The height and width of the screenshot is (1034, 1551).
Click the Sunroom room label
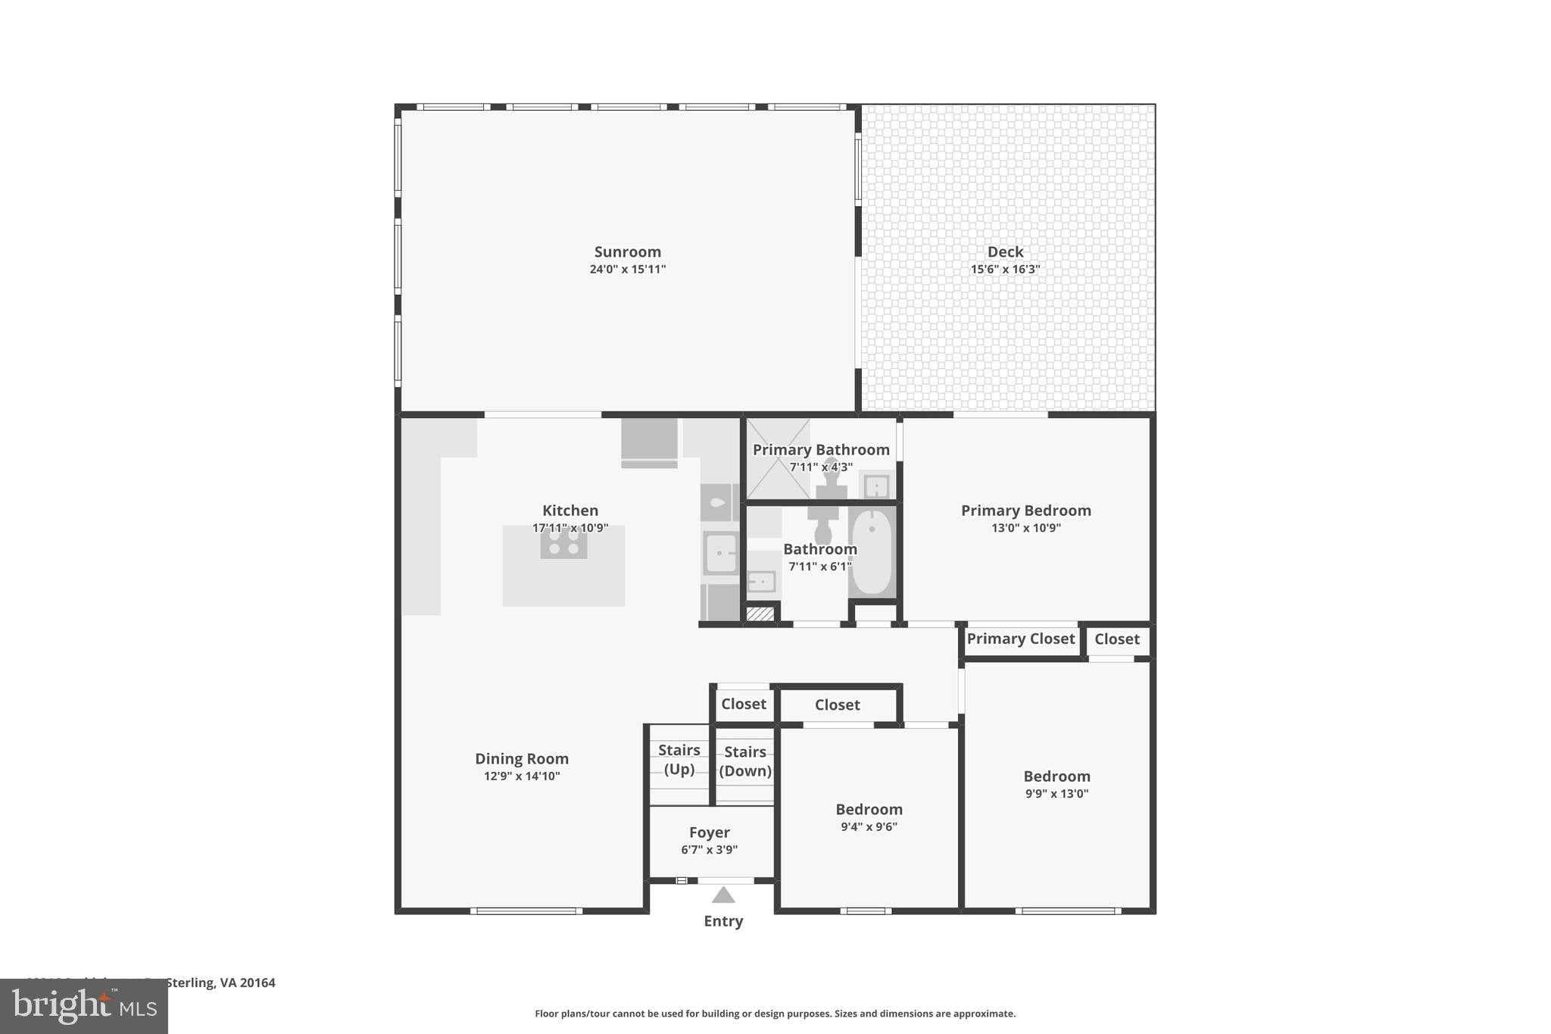(x=627, y=252)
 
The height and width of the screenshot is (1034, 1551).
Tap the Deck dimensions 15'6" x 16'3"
(x=1005, y=270)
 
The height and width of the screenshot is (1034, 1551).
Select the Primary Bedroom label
(x=1025, y=511)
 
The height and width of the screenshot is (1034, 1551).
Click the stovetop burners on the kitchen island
(x=563, y=542)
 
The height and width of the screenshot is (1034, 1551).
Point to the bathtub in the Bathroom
(x=872, y=552)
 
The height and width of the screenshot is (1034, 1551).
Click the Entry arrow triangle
(x=723, y=896)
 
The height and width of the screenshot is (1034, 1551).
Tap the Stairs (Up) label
(x=679, y=759)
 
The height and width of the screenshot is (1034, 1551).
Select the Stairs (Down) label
(x=744, y=761)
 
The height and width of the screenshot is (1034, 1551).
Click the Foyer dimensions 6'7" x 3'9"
(x=709, y=850)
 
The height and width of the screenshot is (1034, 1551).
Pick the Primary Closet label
(x=1020, y=639)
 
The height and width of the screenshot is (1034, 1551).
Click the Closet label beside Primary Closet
(x=1116, y=639)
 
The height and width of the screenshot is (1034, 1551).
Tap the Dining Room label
(x=521, y=759)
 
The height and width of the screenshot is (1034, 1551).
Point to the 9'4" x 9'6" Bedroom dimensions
(x=869, y=827)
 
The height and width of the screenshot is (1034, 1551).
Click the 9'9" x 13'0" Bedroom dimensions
(x=1056, y=794)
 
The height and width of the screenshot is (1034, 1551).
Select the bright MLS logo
(x=83, y=1006)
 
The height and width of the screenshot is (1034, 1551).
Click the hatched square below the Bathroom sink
(x=760, y=614)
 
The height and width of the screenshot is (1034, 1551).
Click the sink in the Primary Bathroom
(x=876, y=486)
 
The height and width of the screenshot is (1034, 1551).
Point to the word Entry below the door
(x=723, y=921)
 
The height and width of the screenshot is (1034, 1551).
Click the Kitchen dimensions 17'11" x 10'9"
(x=570, y=528)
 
